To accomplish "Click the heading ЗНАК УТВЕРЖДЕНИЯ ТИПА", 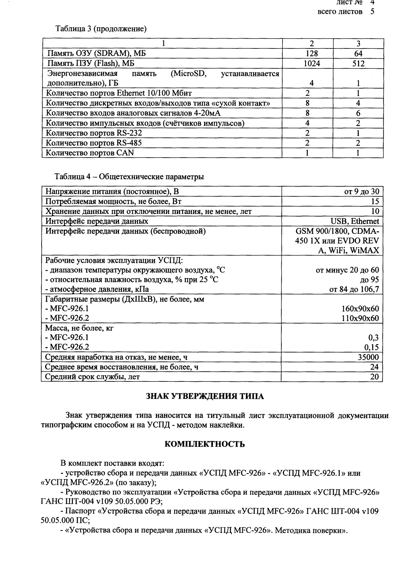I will (205, 396).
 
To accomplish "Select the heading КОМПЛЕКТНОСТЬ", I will (205, 444).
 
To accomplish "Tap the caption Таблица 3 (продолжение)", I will (101, 29).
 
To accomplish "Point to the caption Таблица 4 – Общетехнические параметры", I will (129, 177).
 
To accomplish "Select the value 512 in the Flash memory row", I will (358, 64).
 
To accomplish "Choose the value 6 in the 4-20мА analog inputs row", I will (358, 113).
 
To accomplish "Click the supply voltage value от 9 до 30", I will (361, 192).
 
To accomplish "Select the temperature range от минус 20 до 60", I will (347, 270).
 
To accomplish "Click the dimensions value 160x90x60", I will (360, 308).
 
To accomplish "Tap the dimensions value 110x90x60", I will (360, 318).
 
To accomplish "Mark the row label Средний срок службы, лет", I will (92, 377).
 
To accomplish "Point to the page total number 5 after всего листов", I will (372, 12).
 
